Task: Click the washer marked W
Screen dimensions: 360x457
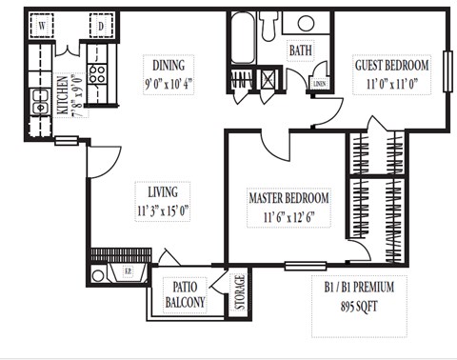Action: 43,28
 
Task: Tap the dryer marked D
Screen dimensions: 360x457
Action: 100,28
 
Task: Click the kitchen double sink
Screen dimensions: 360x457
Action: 41,99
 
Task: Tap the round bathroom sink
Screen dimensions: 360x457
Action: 307,24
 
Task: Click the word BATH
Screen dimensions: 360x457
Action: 300,50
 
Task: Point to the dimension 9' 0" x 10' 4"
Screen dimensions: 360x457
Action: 168,83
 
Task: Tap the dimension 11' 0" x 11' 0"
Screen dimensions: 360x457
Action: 391,83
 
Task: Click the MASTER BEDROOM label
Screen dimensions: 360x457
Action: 288,198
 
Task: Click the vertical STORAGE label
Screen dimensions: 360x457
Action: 239,293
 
